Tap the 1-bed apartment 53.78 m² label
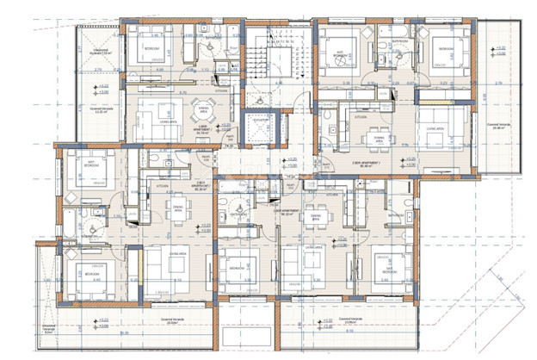pos(205,133)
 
